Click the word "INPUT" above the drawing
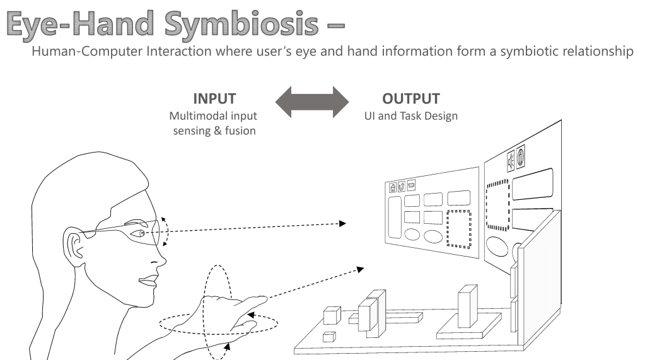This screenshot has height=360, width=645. (x=214, y=99)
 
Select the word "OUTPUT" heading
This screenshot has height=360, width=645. (x=410, y=99)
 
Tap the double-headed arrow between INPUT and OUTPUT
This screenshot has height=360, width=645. (x=311, y=102)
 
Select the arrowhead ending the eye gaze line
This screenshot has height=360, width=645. (x=342, y=223)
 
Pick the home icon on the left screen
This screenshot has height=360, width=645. (x=393, y=187)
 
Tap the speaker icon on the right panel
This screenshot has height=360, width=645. (x=510, y=161)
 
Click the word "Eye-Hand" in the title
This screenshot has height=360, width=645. (x=81, y=24)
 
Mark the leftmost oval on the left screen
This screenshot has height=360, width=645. (x=412, y=235)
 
